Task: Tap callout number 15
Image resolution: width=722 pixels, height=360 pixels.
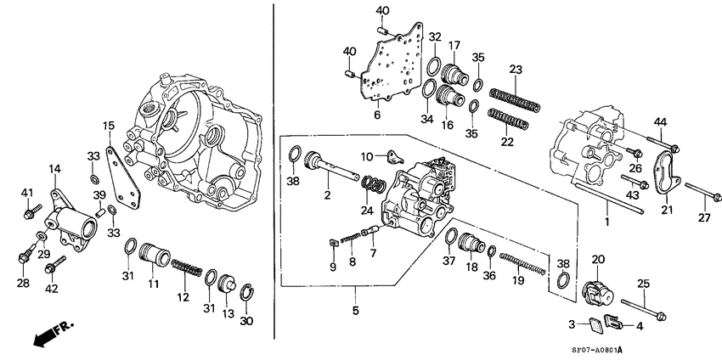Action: tap(108, 127)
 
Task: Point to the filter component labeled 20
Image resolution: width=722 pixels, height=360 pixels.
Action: tap(599, 291)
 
